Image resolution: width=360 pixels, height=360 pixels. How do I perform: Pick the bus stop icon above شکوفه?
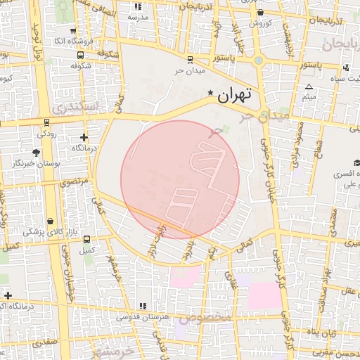pyautogui.click(x=82, y=54)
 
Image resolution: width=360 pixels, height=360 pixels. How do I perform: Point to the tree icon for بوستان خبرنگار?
pyautogui.click(x=36, y=152)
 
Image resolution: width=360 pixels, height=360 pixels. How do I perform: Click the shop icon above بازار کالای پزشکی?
pyautogui.click(x=52, y=220)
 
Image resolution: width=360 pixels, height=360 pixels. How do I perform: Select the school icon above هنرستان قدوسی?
pyautogui.click(x=143, y=306)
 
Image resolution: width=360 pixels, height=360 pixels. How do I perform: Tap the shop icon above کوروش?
pyautogui.click(x=261, y=13)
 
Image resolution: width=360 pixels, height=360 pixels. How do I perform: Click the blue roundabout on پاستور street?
pyautogui.click(x=259, y=61)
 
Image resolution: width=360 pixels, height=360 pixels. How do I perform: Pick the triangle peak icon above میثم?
pyautogui.click(x=309, y=87)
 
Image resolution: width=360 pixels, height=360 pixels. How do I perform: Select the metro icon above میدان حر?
pyautogui.click(x=190, y=60)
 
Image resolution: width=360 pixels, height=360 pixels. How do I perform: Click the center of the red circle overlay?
pyautogui.click(x=180, y=179)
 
